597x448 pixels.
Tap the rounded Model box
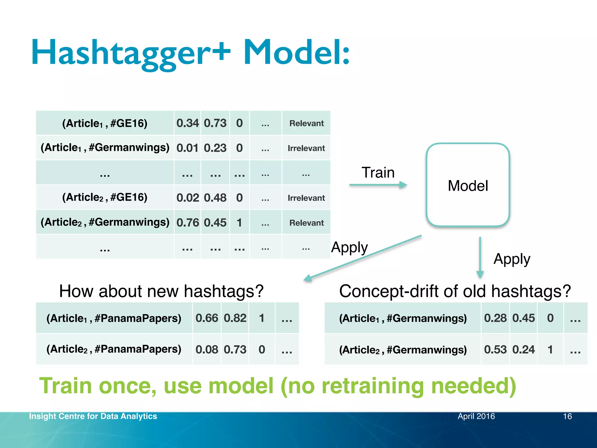(x=468, y=185)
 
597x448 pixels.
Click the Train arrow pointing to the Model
(x=378, y=185)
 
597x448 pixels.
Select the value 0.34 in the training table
(x=187, y=123)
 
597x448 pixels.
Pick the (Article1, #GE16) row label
(x=105, y=123)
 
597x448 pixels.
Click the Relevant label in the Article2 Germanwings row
(x=306, y=223)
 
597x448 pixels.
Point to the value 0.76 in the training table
(x=187, y=223)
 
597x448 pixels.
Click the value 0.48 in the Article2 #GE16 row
(x=215, y=198)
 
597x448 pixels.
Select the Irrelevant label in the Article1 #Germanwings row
(x=306, y=148)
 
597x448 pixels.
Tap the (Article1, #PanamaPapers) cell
(x=114, y=318)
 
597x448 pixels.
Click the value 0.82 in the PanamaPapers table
(x=235, y=318)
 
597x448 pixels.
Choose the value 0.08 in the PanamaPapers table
(x=207, y=349)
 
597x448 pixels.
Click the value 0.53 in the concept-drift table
(x=495, y=349)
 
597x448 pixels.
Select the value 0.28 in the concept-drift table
(x=495, y=318)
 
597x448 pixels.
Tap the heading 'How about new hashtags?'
(x=161, y=291)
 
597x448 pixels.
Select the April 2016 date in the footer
(x=476, y=416)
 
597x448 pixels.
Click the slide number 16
(x=567, y=416)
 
